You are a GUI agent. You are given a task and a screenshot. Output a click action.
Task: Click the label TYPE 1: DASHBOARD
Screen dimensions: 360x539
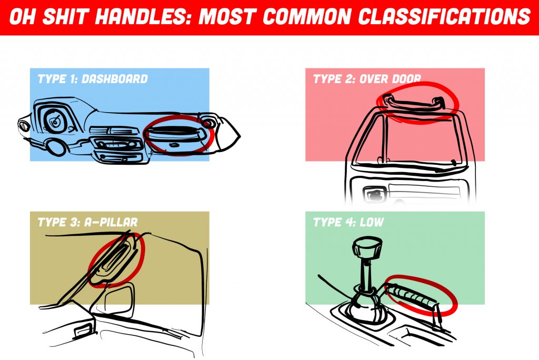pos(93,79)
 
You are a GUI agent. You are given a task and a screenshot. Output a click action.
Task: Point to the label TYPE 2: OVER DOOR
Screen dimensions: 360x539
pos(367,79)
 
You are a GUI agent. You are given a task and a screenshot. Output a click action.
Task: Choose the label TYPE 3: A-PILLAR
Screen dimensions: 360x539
pos(87,223)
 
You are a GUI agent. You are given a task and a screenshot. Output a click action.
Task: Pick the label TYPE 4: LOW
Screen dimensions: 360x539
pos(348,223)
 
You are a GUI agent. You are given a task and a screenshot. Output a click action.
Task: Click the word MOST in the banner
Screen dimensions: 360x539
pos(228,17)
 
